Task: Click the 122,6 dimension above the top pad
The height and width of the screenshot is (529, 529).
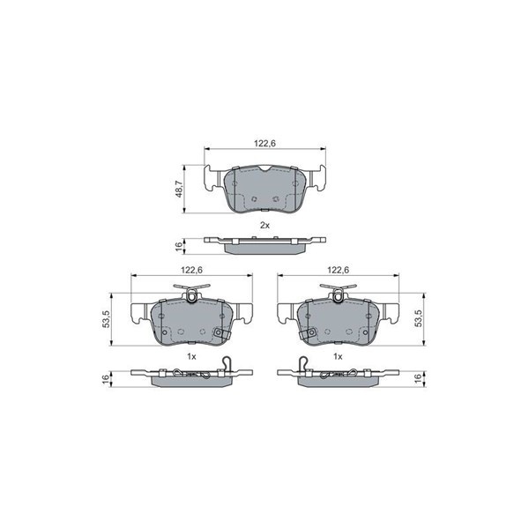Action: (264, 144)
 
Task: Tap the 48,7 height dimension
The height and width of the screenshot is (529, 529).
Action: (179, 189)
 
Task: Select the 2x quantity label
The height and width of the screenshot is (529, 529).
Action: (264, 226)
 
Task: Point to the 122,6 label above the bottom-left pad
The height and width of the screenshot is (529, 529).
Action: (191, 271)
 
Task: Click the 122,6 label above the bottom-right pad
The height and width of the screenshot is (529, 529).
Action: (338, 271)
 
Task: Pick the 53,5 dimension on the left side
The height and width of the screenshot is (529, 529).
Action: (106, 319)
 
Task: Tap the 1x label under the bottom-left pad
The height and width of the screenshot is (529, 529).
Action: (191, 356)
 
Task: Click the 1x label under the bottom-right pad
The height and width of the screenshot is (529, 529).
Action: (338, 356)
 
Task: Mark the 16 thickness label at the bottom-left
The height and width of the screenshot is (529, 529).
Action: (106, 378)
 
